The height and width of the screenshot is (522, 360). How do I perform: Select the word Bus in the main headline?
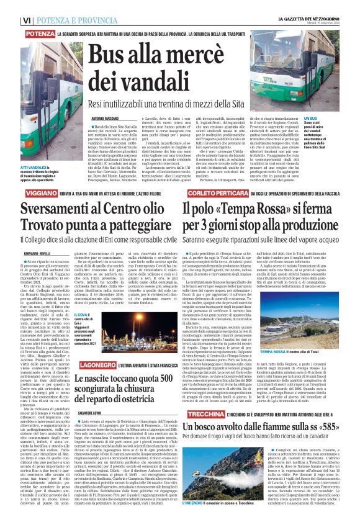tap(105, 58)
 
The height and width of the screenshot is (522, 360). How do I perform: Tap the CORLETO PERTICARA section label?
tap(214, 193)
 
